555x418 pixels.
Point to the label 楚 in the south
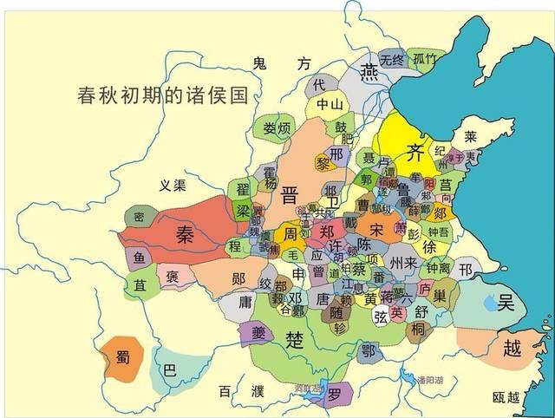click(x=296, y=339)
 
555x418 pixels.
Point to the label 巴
click(x=169, y=369)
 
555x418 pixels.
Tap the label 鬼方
click(x=281, y=62)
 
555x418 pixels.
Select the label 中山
click(x=330, y=105)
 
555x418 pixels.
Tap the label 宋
click(x=375, y=229)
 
